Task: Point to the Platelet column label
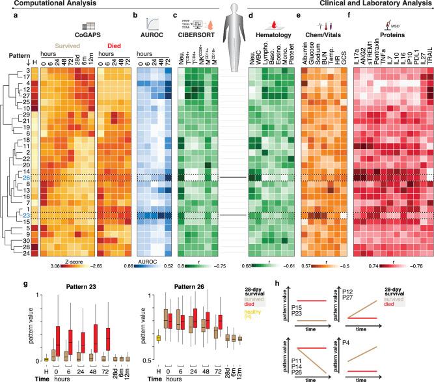291,57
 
